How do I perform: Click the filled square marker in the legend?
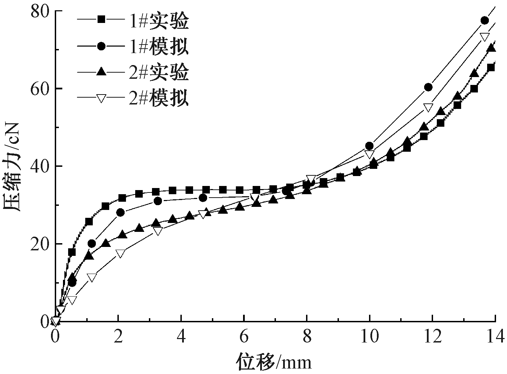(x=101, y=20)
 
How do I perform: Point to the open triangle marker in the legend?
(x=101, y=99)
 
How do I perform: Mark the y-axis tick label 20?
(x=40, y=244)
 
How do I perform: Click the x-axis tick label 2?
(x=118, y=336)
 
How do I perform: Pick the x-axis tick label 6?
(x=244, y=336)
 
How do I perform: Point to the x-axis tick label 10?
(x=370, y=336)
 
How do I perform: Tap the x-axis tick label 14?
(x=495, y=336)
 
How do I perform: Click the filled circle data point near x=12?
(x=428, y=87)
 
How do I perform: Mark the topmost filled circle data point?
(x=484, y=21)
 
